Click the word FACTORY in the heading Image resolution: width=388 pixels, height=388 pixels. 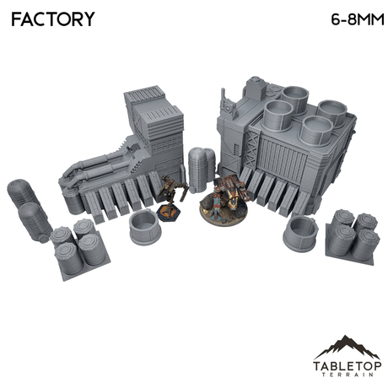tap(52, 19)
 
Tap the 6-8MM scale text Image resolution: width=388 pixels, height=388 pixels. tap(347, 19)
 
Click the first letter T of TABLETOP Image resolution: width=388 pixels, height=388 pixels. tap(317, 355)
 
